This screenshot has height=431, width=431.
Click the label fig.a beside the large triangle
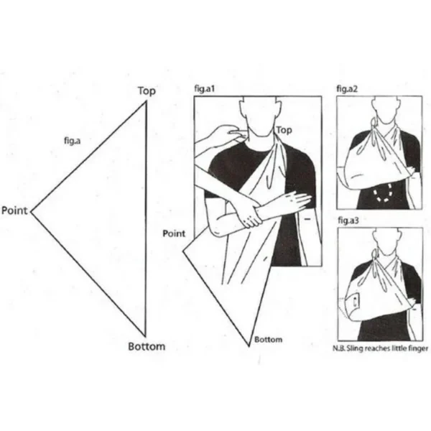tap(71, 142)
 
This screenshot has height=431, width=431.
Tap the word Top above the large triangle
tap(147, 91)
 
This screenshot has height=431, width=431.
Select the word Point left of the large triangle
tap(14, 210)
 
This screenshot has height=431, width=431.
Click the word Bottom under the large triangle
tap(147, 346)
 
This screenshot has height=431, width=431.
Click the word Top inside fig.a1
tap(284, 130)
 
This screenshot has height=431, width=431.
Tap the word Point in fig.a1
tap(174, 233)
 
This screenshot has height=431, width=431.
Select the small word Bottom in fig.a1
tap(268, 340)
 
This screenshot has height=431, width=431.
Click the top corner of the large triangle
tap(146, 101)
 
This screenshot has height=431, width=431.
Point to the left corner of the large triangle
tap(31, 211)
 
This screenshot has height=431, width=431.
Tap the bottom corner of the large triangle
tap(146, 335)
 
